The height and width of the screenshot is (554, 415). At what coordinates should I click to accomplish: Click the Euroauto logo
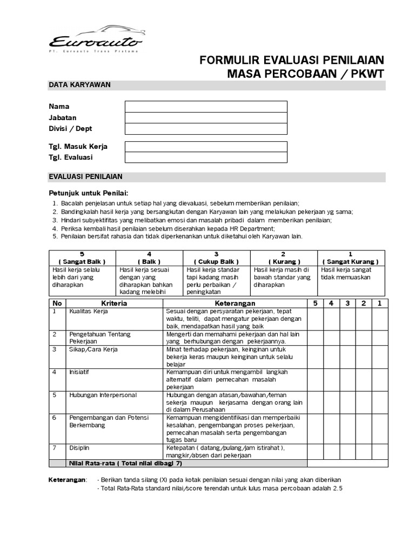click(96, 38)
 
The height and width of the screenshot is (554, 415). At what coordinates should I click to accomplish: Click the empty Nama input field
click(206, 106)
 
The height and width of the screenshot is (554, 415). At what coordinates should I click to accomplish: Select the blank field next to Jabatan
click(206, 117)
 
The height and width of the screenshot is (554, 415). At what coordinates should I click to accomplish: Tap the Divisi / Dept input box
click(206, 129)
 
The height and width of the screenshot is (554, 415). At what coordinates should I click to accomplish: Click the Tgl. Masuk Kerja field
click(206, 147)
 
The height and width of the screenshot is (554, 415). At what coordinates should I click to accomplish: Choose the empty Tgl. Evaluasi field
click(206, 157)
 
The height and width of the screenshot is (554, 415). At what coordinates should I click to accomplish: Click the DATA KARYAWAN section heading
click(80, 85)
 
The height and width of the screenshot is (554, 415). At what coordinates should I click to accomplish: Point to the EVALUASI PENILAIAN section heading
click(86, 177)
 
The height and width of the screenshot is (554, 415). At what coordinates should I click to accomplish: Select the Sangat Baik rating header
click(82, 258)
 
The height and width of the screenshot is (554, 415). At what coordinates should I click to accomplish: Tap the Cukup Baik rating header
click(216, 258)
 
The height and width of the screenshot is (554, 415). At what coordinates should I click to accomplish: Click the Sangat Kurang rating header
click(351, 258)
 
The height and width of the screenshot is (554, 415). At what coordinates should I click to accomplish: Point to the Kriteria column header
click(114, 304)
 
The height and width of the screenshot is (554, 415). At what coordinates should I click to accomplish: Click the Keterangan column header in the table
click(235, 304)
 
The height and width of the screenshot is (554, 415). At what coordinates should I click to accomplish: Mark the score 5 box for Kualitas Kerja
click(315, 319)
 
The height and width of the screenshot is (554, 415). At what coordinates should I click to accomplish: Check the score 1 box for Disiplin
click(379, 452)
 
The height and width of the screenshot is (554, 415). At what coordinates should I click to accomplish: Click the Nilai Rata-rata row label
click(125, 463)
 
